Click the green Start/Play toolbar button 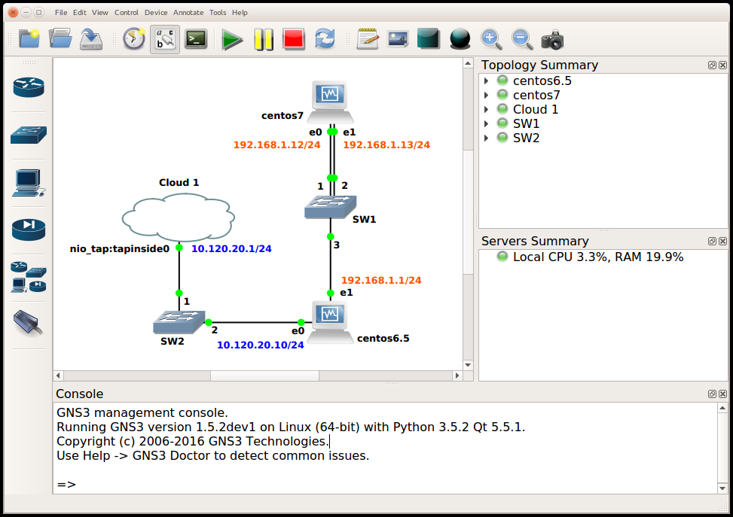(232, 39)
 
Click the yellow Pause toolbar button (264, 39)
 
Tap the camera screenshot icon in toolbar (552, 39)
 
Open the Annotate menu (188, 13)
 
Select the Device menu (156, 13)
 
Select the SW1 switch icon (331, 208)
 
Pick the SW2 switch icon (179, 322)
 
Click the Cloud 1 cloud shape (178, 217)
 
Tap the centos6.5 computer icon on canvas (330, 323)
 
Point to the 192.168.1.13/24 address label (386, 145)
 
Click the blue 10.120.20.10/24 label (261, 345)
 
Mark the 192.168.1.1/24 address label (381, 280)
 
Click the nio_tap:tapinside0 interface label (120, 248)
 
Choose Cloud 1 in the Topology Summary (536, 109)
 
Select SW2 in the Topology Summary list (526, 138)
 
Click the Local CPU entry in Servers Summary (598, 257)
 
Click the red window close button (13, 13)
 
